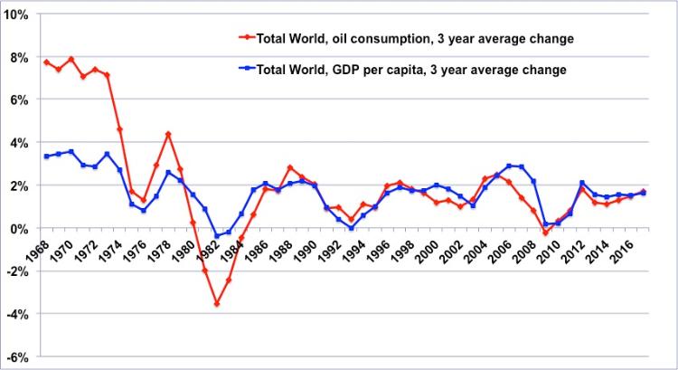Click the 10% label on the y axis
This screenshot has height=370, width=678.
click(17, 15)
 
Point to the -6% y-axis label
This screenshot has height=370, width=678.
click(17, 356)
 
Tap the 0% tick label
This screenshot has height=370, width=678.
click(21, 229)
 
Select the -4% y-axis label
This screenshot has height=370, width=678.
click(17, 314)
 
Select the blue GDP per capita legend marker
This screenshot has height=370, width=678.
click(243, 68)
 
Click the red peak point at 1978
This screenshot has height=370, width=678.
click(168, 135)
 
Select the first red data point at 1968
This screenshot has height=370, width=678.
click(46, 62)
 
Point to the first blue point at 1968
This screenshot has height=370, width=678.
click(46, 157)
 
